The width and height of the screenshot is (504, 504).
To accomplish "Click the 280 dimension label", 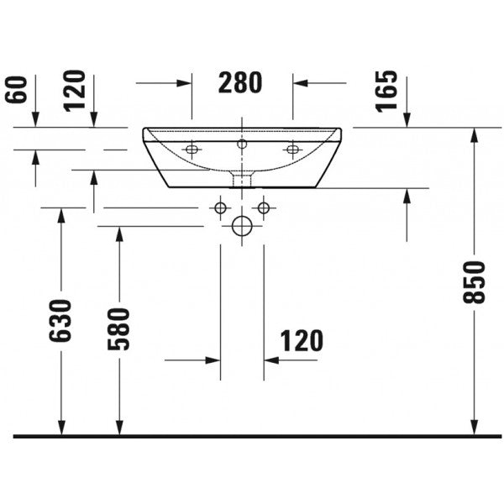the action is click(240, 83).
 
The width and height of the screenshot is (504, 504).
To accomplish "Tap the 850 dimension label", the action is click(474, 282).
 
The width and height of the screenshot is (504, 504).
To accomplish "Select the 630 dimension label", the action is click(60, 321).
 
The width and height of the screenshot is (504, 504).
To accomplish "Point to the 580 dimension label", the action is click(118, 328).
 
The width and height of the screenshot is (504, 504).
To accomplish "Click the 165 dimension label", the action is click(386, 92).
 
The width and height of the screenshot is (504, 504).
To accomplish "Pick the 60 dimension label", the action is click(16, 90).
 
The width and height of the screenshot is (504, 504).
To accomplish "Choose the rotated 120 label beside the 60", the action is click(75, 91).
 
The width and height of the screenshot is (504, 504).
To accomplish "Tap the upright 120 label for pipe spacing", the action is click(302, 341).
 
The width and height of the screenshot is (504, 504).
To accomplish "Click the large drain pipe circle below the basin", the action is click(242, 226).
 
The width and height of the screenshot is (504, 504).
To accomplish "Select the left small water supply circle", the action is click(220, 208).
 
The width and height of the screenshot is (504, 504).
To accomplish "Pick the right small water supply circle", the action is click(264, 208).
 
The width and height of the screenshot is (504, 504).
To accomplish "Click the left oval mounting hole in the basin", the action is click(192, 150).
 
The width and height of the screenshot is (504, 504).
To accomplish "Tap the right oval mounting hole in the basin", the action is click(292, 150).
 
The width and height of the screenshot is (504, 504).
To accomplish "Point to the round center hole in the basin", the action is click(242, 144).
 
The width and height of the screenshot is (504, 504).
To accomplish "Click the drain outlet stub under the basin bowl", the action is click(242, 180).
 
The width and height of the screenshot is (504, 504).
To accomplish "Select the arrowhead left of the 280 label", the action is click(184, 83).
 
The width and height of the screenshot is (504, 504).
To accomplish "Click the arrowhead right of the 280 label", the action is click(300, 83).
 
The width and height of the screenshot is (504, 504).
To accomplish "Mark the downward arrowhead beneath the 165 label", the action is click(407, 120).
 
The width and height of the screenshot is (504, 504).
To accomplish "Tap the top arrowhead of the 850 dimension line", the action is click(475, 135).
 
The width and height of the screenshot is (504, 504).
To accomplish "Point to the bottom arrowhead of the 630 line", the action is click(61, 428).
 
